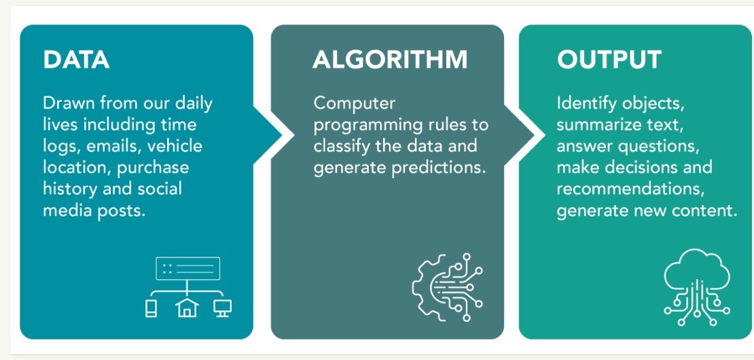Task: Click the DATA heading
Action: [76, 60]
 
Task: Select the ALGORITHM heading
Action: [390, 60]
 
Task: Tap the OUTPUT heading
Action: [609, 60]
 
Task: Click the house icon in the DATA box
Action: [187, 308]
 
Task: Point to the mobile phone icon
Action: [151, 308]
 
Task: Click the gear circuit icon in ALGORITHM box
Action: [447, 287]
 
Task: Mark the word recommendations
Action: [630, 190]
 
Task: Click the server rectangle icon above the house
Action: [187, 269]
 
